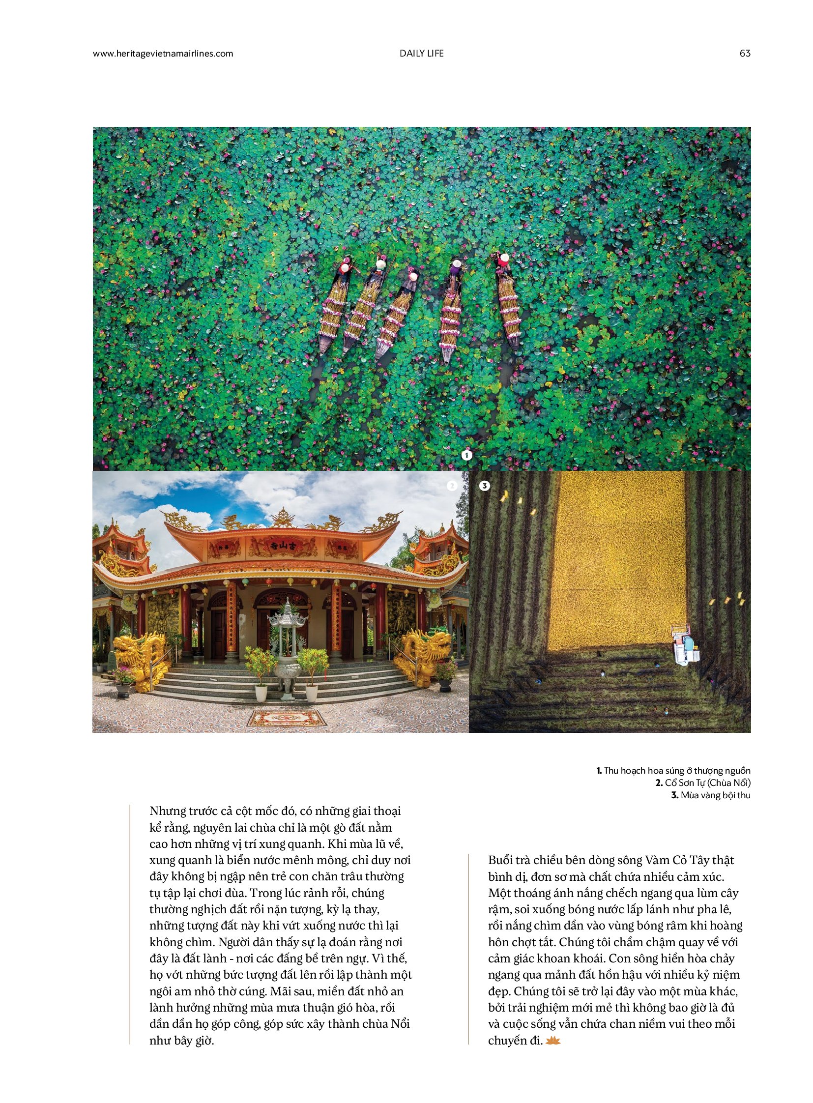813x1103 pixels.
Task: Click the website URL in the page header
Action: (163, 54)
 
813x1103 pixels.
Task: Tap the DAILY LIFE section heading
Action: (421, 54)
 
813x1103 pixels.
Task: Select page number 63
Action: (745, 54)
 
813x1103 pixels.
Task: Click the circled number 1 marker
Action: (466, 455)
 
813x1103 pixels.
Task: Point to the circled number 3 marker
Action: (484, 486)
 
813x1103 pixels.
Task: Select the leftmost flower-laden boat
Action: (334, 308)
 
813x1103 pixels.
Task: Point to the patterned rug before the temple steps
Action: (287, 718)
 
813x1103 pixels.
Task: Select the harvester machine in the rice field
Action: (686, 645)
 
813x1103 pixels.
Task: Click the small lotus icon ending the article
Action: (553, 1040)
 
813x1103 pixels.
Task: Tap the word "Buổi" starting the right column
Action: (501, 860)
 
